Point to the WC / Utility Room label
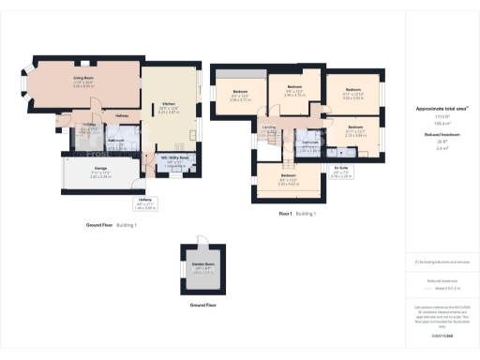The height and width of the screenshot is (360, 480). [x=178, y=157]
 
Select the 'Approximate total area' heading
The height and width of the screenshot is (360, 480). [x=441, y=109]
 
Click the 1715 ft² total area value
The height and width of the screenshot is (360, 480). [x=441, y=117]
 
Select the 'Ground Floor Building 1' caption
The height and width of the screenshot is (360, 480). [x=111, y=225]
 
